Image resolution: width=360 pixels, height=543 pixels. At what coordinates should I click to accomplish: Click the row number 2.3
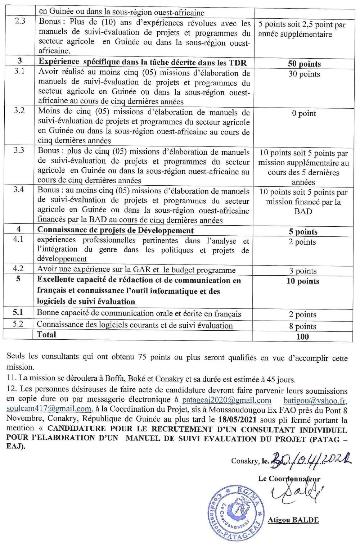click(x=20, y=21)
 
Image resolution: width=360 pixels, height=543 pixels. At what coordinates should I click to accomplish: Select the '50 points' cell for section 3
click(x=304, y=64)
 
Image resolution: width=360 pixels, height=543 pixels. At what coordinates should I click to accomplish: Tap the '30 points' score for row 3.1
click(x=304, y=74)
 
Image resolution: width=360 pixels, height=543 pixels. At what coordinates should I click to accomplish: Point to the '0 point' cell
click(x=304, y=113)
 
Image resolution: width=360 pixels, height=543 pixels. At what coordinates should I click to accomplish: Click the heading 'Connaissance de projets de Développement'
click(x=116, y=230)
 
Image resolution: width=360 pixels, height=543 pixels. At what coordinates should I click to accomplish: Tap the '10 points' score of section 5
click(x=303, y=281)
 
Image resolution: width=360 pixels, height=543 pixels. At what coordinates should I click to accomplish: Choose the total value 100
click(x=302, y=336)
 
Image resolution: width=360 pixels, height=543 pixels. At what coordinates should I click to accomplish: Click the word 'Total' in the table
click(x=46, y=335)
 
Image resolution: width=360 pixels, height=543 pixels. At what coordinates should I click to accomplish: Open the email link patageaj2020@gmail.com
click(x=226, y=400)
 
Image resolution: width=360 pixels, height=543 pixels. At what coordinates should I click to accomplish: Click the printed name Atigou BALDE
click(x=293, y=520)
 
